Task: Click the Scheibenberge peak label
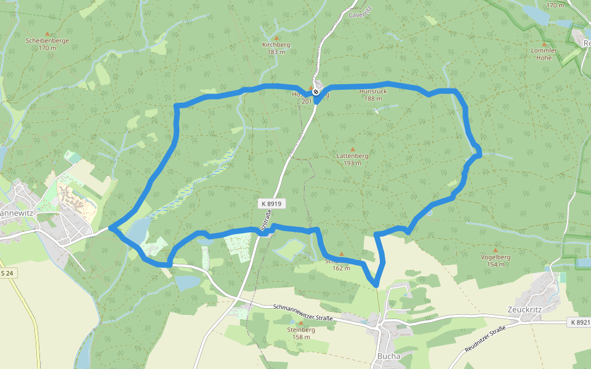tap(47, 41)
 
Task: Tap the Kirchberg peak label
tap(276, 45)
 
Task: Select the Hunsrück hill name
tap(373, 91)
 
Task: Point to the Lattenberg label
tap(353, 156)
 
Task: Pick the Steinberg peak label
tap(301, 330)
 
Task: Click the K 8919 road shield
tap(271, 204)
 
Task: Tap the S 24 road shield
tap(7, 272)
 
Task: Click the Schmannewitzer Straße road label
tap(302, 313)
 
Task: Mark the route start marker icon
tap(316, 92)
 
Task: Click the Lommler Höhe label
tap(544, 54)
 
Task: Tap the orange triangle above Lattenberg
tap(353, 149)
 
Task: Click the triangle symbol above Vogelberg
tap(495, 250)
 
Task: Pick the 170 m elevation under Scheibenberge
tap(47, 48)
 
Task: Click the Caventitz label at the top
tap(361, 14)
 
